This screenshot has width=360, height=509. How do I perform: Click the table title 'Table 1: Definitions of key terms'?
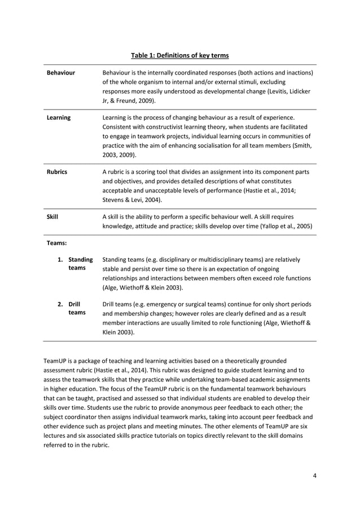(x=179, y=55)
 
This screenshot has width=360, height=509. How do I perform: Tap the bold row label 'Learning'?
(x=58, y=118)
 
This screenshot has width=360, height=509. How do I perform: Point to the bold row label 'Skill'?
(x=52, y=216)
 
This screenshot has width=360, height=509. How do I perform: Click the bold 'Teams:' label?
(x=56, y=243)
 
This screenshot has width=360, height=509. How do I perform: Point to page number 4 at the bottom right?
(x=314, y=475)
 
